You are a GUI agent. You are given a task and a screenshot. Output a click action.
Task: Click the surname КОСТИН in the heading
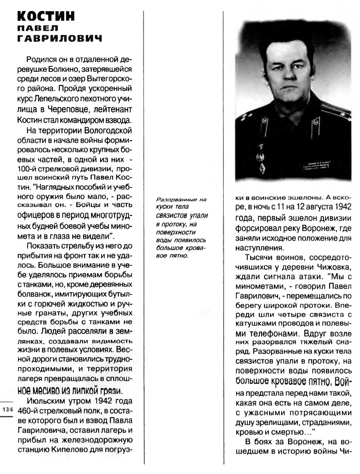click(46, 16)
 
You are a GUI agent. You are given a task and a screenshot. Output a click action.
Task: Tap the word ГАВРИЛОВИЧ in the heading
click(59, 39)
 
